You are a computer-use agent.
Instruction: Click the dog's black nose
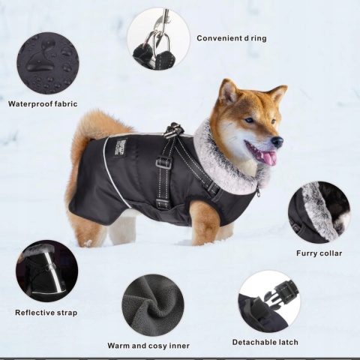(x=277, y=142)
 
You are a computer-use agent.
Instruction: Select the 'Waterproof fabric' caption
(x=43, y=104)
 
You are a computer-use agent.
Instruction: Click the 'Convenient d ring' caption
(x=232, y=38)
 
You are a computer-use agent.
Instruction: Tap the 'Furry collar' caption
(x=319, y=253)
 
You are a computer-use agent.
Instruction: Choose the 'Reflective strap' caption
(x=46, y=313)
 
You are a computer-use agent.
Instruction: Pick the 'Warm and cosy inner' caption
(x=148, y=346)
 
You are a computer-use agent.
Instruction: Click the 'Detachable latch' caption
(x=265, y=342)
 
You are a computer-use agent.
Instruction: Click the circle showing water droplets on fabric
(x=48, y=64)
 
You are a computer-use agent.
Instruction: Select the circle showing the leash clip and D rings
(x=158, y=38)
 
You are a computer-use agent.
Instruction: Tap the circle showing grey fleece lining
(x=153, y=305)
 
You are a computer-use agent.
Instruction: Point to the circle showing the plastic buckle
(x=269, y=301)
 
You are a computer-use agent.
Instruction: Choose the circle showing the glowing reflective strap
(x=47, y=271)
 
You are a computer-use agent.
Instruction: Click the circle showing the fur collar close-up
(x=319, y=212)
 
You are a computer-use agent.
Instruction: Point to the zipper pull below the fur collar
(x=258, y=193)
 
